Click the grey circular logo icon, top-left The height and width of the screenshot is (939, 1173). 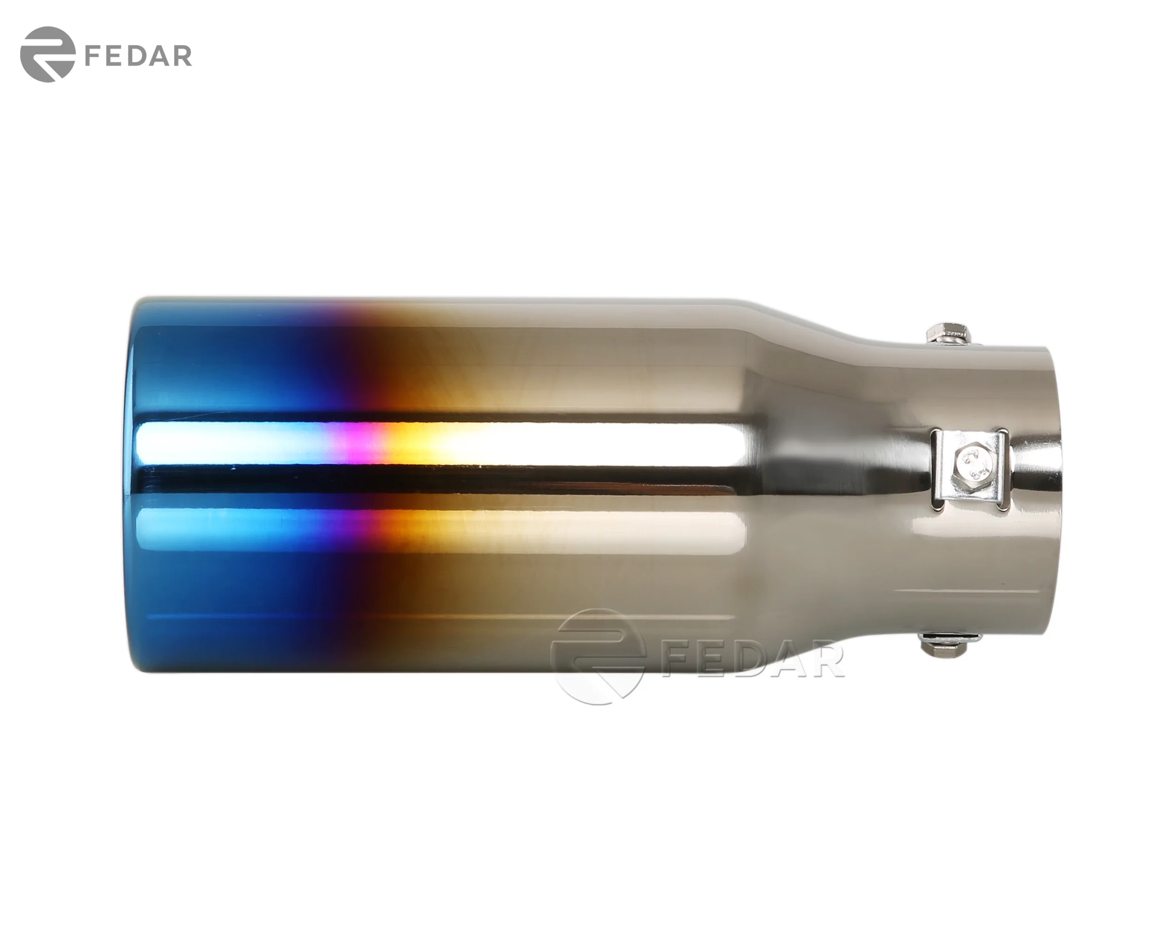coord(47,54)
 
